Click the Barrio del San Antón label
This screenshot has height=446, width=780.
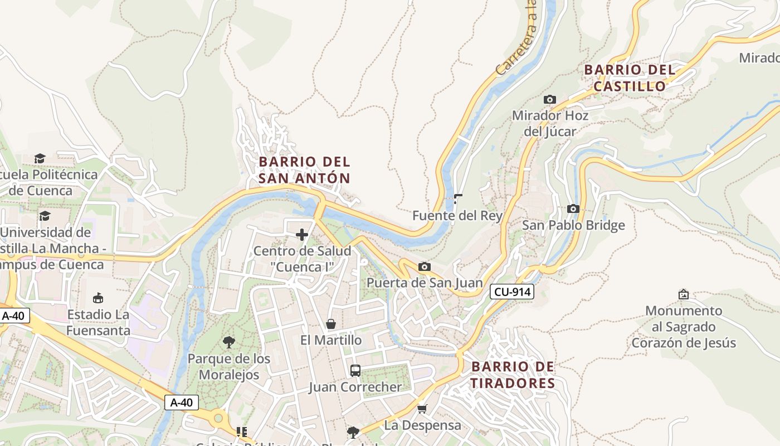304,170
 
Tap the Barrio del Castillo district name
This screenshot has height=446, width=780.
630,78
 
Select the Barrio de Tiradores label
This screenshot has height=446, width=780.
513,375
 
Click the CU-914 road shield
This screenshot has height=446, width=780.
512,291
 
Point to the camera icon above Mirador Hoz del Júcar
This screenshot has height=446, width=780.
550,99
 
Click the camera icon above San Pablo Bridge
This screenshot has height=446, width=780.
573,209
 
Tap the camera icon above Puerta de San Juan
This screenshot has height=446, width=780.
424,266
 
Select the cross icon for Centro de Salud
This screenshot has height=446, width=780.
302,235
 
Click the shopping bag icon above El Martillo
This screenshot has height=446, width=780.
331,324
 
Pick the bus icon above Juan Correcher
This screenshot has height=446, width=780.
355,370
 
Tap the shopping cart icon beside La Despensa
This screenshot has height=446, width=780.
422,409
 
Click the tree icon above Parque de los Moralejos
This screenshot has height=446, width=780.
228,342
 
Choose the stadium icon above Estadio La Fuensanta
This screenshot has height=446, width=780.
98,298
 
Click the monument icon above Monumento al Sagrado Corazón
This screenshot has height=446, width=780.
683,294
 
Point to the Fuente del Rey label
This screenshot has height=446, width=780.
457,215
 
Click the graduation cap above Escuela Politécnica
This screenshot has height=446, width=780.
39,158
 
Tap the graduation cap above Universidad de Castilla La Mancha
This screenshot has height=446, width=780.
45,216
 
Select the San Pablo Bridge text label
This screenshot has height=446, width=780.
573,225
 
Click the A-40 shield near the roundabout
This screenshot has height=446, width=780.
182,402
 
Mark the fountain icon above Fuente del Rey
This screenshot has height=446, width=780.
458,198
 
